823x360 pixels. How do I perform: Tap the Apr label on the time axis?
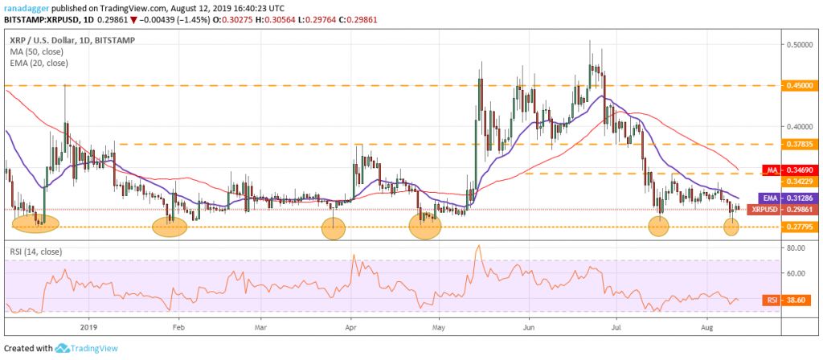click(x=350, y=328)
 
